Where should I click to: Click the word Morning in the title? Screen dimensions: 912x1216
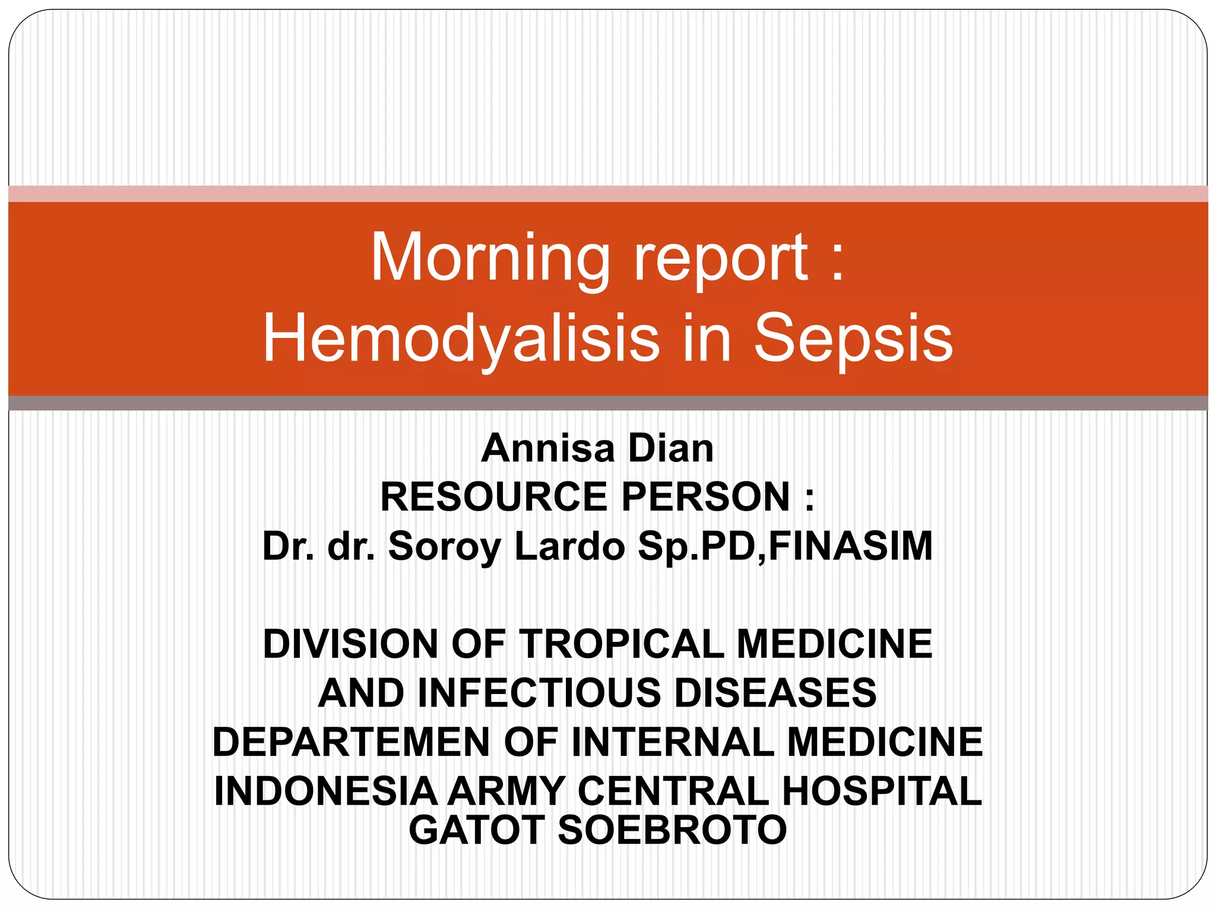(490, 259)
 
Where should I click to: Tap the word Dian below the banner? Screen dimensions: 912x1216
(671, 448)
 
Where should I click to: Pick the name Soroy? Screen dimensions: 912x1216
(445, 546)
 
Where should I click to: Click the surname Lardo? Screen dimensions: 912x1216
(570, 546)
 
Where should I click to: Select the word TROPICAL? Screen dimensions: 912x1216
(623, 644)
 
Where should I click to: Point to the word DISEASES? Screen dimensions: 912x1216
(775, 693)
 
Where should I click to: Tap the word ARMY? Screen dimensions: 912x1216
(506, 791)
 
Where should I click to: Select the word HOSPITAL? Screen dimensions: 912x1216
(881, 791)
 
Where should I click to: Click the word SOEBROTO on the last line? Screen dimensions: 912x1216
(672, 829)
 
